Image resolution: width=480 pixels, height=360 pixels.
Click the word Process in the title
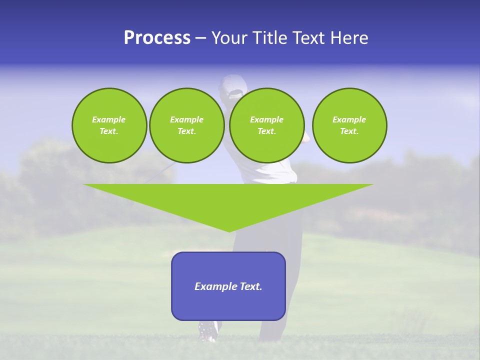(x=157, y=38)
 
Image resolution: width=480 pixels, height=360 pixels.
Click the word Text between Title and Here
(x=310, y=38)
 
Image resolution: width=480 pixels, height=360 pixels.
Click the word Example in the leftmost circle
(x=108, y=119)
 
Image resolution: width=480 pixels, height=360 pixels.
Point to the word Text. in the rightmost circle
(x=349, y=131)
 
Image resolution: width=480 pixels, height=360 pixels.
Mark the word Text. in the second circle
(x=186, y=131)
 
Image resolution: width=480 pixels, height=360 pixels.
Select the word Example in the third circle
(x=266, y=119)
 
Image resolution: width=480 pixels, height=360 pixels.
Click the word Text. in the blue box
(x=251, y=286)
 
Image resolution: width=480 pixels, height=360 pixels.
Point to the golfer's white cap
(x=232, y=86)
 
